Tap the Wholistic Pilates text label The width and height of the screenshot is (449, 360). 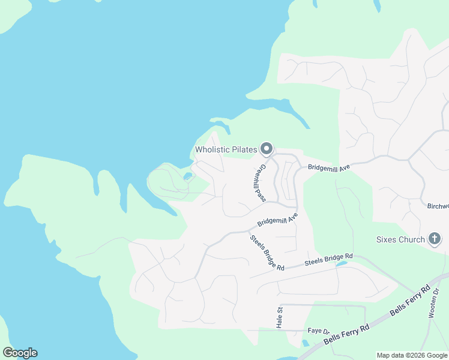pos(226,149)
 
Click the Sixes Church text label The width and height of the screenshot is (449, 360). pos(400,239)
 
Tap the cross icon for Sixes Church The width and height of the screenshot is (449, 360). pos(435,239)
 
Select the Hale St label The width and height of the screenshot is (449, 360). pos(279,318)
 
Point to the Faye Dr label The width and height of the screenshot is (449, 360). pos(319,331)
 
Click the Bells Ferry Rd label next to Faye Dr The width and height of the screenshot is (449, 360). pos(346,334)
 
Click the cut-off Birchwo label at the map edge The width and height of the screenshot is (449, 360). pos(438,206)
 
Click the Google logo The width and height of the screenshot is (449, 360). pos(20,353)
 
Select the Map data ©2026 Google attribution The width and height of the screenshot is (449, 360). pos(411,355)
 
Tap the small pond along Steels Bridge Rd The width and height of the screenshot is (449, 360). pos(341,263)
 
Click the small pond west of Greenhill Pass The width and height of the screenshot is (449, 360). pos(188,176)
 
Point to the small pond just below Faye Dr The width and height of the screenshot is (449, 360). pos(306,344)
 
